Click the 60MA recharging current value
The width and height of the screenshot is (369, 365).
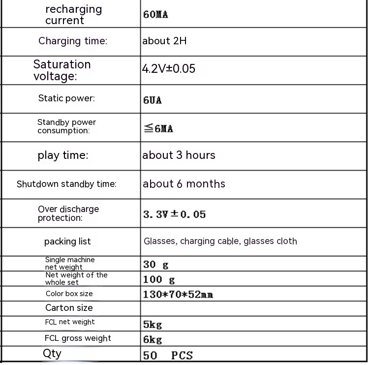tap(155, 14)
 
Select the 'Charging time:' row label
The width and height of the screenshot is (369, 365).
tap(73, 41)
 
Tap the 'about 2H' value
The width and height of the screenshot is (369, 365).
tap(164, 41)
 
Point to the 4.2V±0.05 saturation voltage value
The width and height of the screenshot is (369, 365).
tap(169, 69)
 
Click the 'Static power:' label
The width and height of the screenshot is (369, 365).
tap(66, 98)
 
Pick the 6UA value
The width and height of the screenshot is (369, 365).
tap(153, 100)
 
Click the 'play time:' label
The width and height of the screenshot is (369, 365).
tap(63, 155)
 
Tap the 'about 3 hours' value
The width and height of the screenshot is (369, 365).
tap(179, 155)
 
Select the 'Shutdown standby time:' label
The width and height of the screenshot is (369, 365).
tap(66, 184)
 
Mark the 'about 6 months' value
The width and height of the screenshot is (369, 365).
tap(184, 184)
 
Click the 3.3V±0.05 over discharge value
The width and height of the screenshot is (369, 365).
tap(174, 214)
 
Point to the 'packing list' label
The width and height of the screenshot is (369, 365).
tap(67, 242)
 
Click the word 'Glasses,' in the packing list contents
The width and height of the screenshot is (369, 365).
tap(160, 242)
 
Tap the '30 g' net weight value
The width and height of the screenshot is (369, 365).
tap(155, 265)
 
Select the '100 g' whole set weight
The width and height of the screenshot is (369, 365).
tap(159, 280)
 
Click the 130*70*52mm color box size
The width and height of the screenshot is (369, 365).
tap(178, 295)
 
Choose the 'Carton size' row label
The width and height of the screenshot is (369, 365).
tap(69, 308)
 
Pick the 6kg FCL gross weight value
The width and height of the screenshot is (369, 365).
tap(153, 339)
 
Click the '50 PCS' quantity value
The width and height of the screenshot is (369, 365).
tap(168, 355)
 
